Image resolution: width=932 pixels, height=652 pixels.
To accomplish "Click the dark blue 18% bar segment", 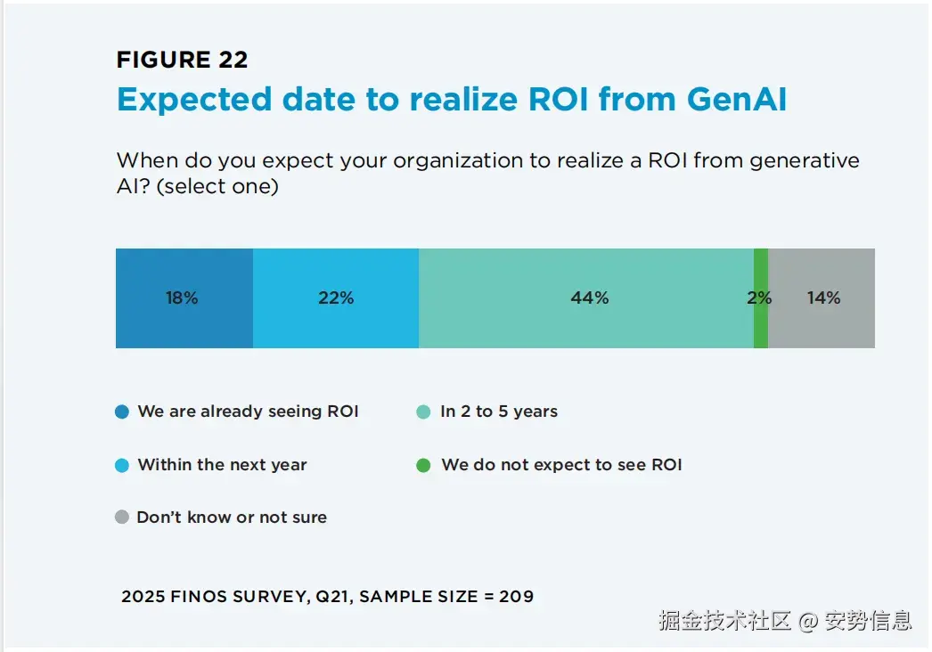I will (x=184, y=298).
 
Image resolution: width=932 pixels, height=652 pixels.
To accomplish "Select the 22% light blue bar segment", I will (x=335, y=298).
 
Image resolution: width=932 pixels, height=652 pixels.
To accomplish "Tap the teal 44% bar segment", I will (x=588, y=298).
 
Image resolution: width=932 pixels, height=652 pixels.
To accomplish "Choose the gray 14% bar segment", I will (x=822, y=298).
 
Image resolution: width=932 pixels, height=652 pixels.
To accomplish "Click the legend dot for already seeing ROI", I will (x=123, y=412).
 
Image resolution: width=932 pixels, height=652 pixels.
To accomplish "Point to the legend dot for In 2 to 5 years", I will (x=424, y=412).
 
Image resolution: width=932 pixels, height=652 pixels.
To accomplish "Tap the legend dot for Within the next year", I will (x=123, y=465).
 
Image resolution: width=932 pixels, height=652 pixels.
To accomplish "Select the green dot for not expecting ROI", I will (x=424, y=465).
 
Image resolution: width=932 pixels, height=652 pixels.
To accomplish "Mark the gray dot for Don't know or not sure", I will (x=123, y=518).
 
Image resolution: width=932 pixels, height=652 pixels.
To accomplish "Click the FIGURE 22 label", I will (x=182, y=60).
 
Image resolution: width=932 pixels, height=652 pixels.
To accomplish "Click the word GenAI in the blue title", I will (x=736, y=99).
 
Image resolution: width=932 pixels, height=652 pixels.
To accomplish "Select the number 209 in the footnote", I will (x=516, y=596).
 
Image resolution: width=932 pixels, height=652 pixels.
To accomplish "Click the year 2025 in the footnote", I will (x=143, y=596).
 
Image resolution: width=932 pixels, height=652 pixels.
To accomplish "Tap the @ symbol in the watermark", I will (x=807, y=621).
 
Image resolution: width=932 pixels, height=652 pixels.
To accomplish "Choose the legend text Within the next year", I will (x=222, y=465).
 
